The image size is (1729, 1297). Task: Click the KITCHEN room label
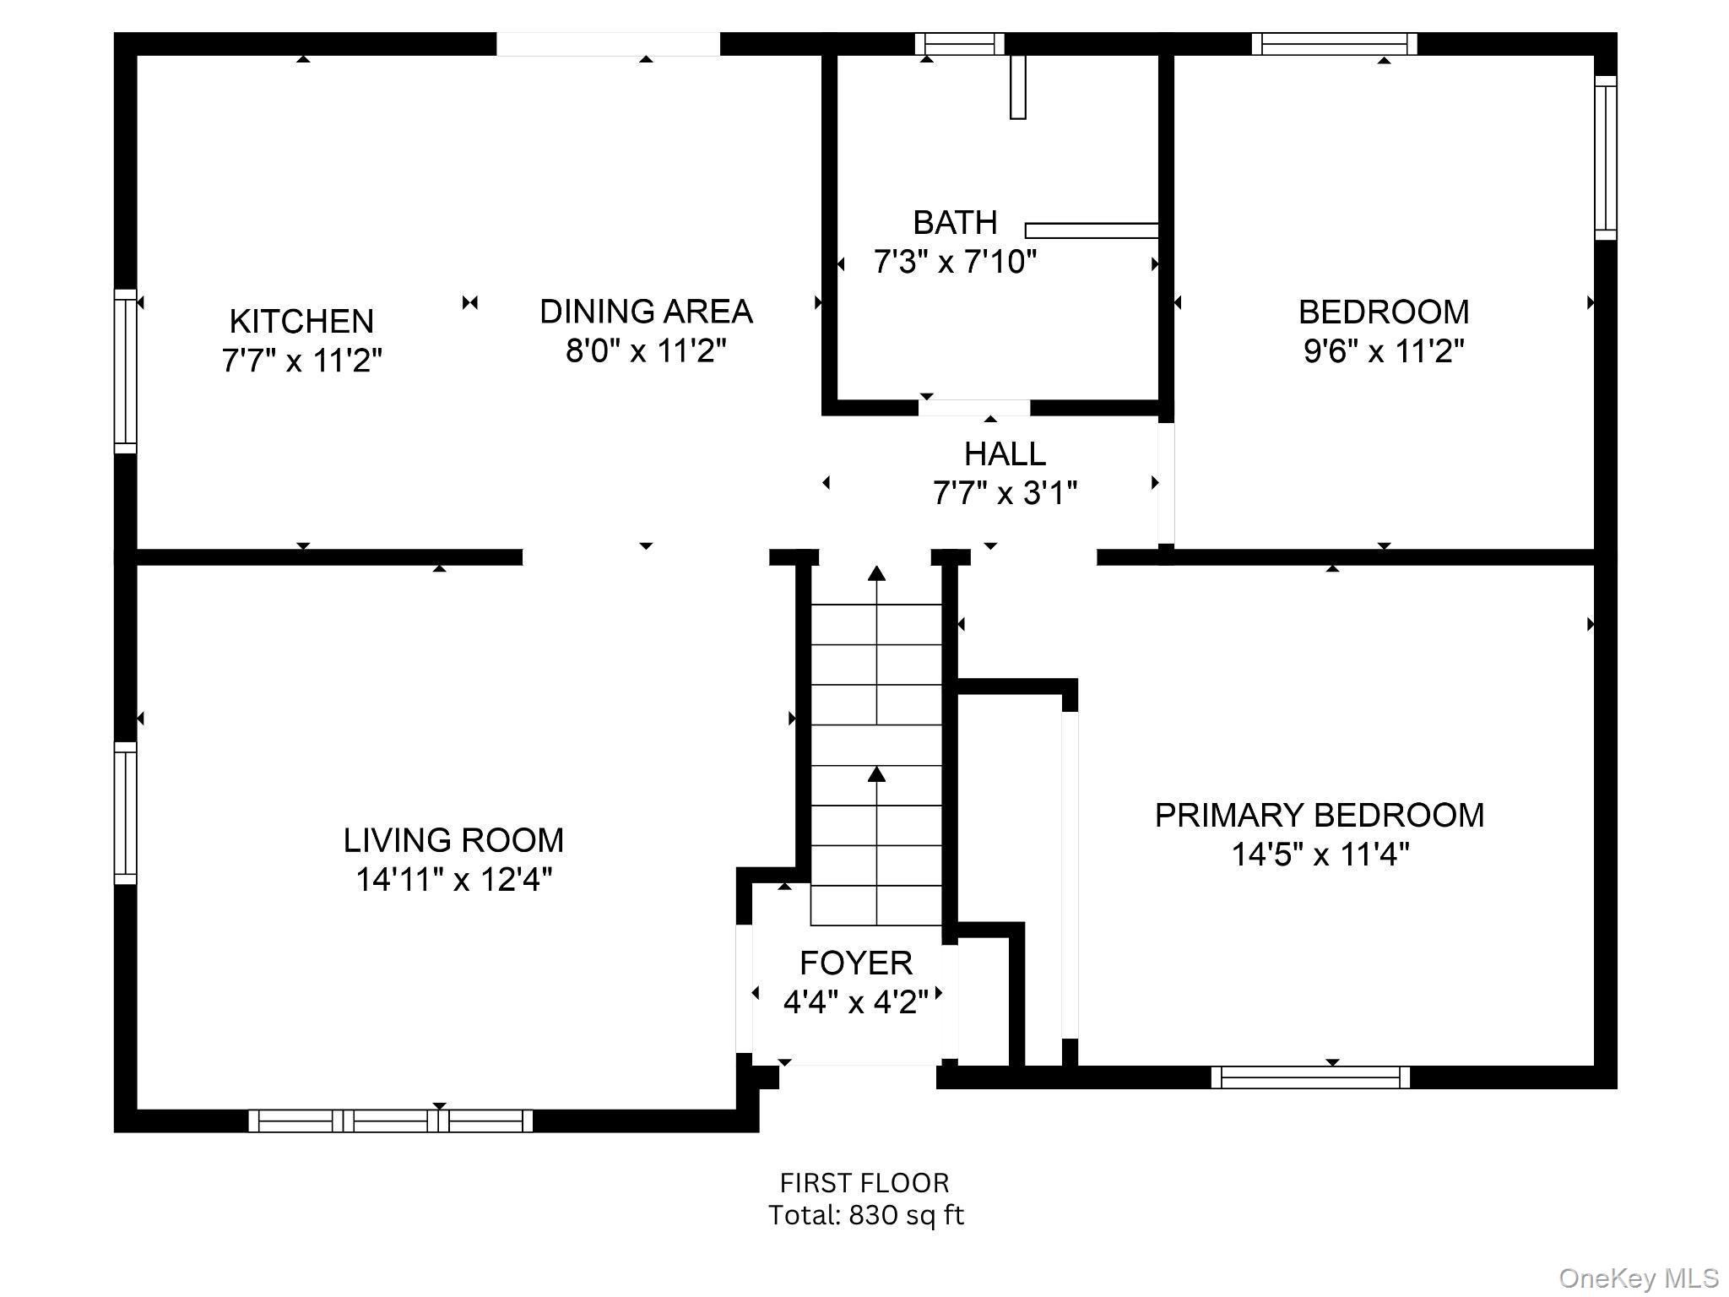pyautogui.click(x=301, y=322)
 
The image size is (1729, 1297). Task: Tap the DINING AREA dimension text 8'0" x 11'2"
pyautogui.click(x=646, y=350)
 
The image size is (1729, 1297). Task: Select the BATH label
pyautogui.click(x=955, y=223)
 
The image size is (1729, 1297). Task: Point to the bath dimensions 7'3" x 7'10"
pyautogui.click(x=955, y=262)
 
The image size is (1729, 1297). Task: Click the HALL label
pyautogui.click(x=1005, y=454)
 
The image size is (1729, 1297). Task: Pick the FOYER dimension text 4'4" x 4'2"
pyautogui.click(x=855, y=1002)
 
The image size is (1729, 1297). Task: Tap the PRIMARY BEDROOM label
pyautogui.click(x=1319, y=816)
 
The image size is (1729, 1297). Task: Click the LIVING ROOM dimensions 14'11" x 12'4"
pyautogui.click(x=453, y=880)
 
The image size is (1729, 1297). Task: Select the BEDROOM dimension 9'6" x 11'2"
pyautogui.click(x=1383, y=350)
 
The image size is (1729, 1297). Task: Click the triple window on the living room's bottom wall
pyautogui.click(x=391, y=1121)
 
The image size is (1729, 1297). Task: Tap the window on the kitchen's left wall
pyautogui.click(x=125, y=372)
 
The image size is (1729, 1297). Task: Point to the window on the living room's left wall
pyautogui.click(x=125, y=813)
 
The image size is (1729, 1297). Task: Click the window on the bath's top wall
pyautogui.click(x=960, y=44)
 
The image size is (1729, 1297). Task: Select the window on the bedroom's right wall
pyautogui.click(x=1605, y=158)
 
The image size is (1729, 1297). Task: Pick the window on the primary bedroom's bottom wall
pyautogui.click(x=1310, y=1077)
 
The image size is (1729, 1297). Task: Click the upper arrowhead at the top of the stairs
pyautogui.click(x=877, y=573)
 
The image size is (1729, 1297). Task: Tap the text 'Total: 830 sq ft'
pyautogui.click(x=865, y=1215)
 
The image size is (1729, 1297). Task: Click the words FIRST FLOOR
pyautogui.click(x=864, y=1182)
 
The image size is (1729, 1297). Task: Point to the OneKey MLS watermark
pyautogui.click(x=1638, y=1278)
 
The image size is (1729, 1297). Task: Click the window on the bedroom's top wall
pyautogui.click(x=1334, y=44)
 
